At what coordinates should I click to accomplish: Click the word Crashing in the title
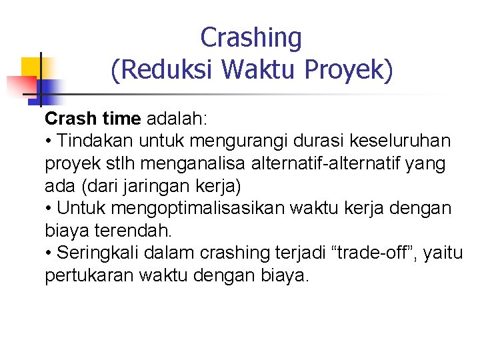[x=251, y=38]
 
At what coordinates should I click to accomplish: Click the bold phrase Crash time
[x=93, y=119]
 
